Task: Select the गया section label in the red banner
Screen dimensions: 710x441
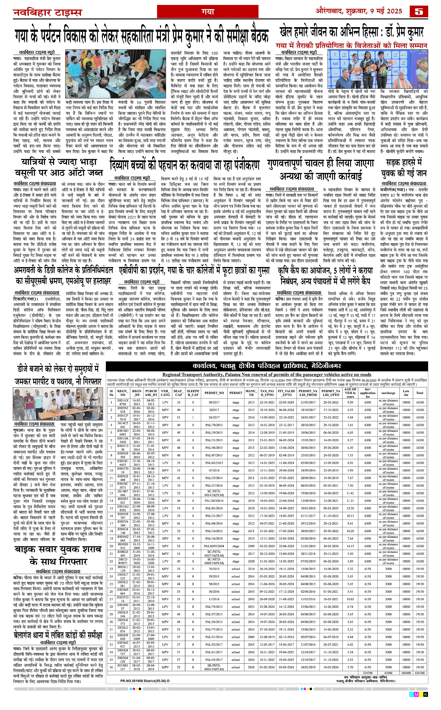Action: [x=208, y=12]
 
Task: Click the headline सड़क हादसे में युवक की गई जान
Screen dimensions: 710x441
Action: [x=404, y=168]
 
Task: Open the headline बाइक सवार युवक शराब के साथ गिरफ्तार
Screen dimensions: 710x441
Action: [x=58, y=555]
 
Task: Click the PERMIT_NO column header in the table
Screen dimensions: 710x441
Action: [x=214, y=393]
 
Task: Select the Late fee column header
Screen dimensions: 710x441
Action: [x=406, y=393]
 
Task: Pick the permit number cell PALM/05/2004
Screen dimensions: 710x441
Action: [x=214, y=546]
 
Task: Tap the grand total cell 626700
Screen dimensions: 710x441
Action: [x=420, y=672]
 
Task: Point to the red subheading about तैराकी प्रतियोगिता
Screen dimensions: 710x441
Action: [x=351, y=45]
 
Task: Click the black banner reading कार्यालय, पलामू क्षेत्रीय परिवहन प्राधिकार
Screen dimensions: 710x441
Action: [x=267, y=366]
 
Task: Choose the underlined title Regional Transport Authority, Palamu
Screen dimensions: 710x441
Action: [x=267, y=374]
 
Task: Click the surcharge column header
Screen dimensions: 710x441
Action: [x=388, y=393]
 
